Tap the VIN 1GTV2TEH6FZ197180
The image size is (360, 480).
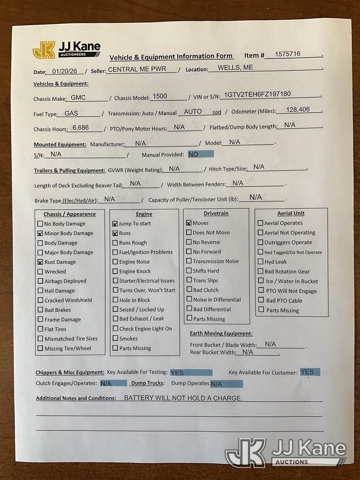coord(257,94)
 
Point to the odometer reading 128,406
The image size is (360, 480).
coord(298,109)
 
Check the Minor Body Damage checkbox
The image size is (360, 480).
coord(40,234)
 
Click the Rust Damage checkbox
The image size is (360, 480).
coord(40,262)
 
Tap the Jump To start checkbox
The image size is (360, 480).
coord(115,224)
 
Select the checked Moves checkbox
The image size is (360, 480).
coord(189,223)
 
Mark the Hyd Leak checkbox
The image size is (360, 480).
coord(261,262)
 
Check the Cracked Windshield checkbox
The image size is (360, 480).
coord(40,300)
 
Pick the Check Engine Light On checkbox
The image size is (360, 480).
coord(115,329)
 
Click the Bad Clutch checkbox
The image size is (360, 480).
coord(189,290)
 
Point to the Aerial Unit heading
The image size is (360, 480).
coord(291,213)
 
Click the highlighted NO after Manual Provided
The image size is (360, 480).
coord(193,154)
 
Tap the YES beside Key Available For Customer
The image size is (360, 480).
coord(307,372)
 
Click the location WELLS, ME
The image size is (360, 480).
coord(235,68)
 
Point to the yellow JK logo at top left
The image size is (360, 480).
coord(44,50)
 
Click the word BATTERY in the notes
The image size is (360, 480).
coord(138,398)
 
